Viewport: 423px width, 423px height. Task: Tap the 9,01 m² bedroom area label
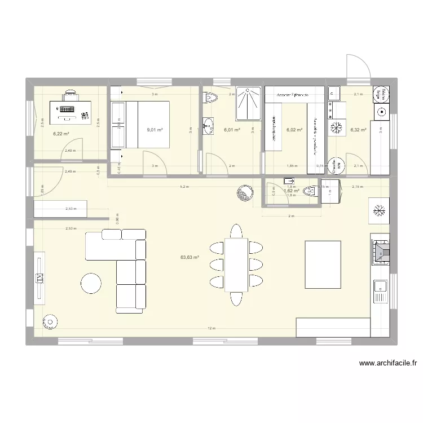[155, 130]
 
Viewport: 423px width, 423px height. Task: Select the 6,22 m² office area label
[61, 134]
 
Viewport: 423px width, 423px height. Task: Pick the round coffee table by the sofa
[91, 283]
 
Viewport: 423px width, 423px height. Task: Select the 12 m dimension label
[211, 328]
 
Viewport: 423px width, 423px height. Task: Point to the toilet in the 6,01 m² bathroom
[210, 98]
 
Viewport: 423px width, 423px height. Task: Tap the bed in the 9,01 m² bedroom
[146, 124]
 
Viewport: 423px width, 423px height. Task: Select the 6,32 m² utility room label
[358, 130]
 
